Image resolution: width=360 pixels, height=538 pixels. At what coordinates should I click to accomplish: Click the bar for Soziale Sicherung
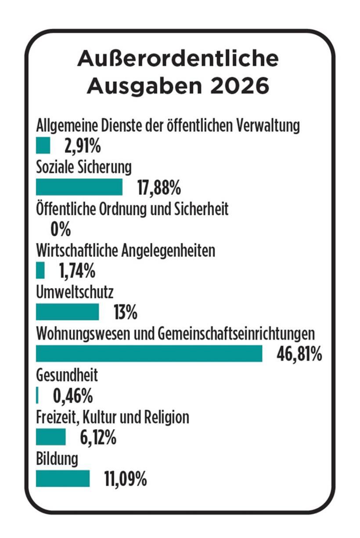point(79,187)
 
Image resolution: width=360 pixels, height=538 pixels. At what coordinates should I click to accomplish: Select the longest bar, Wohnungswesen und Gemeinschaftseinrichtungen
point(149,354)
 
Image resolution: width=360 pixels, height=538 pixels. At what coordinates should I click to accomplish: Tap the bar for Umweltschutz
point(67,312)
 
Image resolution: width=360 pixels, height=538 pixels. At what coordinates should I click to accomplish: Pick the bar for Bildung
point(62,478)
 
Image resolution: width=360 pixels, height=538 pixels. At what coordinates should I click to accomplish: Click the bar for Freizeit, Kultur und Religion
point(50,437)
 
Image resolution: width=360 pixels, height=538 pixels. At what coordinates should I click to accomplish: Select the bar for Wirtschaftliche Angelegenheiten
point(40,271)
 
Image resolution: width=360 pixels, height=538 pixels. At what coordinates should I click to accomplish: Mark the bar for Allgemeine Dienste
point(43,145)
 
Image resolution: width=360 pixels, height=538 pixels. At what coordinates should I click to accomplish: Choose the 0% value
point(61,229)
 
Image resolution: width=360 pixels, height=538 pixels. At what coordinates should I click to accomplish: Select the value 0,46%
point(73,396)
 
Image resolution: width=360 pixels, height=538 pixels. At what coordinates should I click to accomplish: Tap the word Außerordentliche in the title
point(178,59)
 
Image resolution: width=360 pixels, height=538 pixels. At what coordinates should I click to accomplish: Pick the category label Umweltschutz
point(75,292)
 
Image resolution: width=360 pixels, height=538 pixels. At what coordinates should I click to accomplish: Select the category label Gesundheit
point(67,376)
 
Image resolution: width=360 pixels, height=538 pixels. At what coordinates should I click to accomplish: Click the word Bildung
point(57,459)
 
